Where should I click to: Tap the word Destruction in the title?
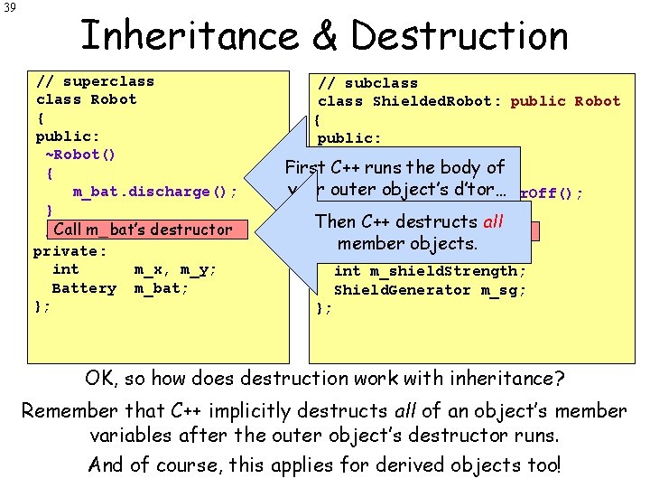click(460, 37)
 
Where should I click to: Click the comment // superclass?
click(95, 81)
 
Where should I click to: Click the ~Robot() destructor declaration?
click(80, 154)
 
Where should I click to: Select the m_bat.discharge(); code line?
click(155, 192)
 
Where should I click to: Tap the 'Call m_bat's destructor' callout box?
click(143, 230)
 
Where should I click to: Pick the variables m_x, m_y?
click(175, 269)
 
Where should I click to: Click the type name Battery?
click(84, 288)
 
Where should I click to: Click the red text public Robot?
click(565, 101)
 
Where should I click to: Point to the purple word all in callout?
click(493, 221)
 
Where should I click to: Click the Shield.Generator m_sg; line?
click(430, 290)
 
